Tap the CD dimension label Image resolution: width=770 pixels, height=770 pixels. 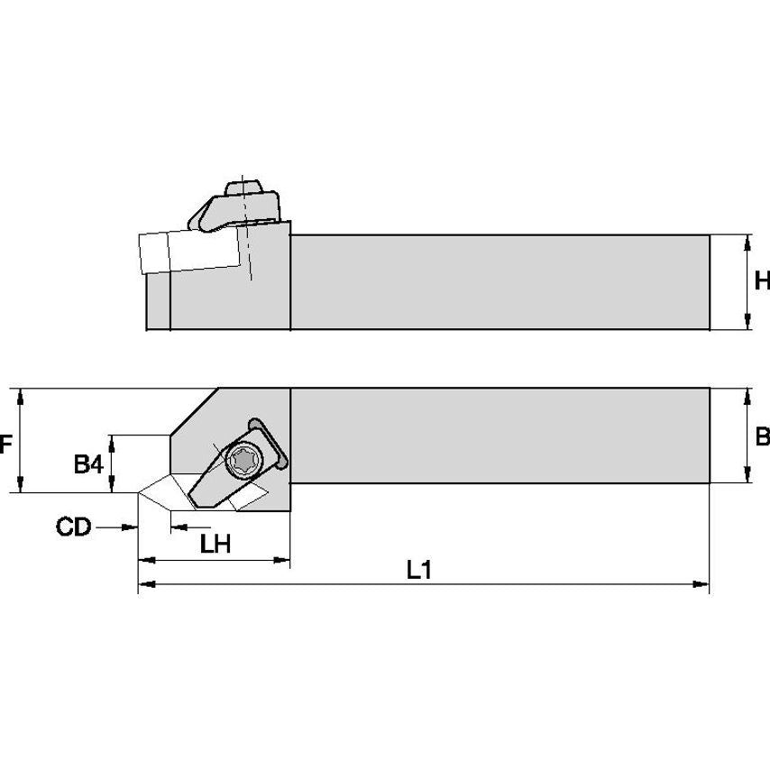coord(74,527)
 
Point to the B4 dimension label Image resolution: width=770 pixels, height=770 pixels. coord(87,465)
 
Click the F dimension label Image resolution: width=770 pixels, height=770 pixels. coord(5,445)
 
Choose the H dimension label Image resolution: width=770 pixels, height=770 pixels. coord(762,281)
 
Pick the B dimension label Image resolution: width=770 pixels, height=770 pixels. coord(762,437)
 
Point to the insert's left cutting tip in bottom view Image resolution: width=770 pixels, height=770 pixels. coord(141,493)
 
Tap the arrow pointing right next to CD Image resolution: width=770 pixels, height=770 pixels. coord(130,527)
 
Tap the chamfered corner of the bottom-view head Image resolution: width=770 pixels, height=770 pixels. coord(194,411)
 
